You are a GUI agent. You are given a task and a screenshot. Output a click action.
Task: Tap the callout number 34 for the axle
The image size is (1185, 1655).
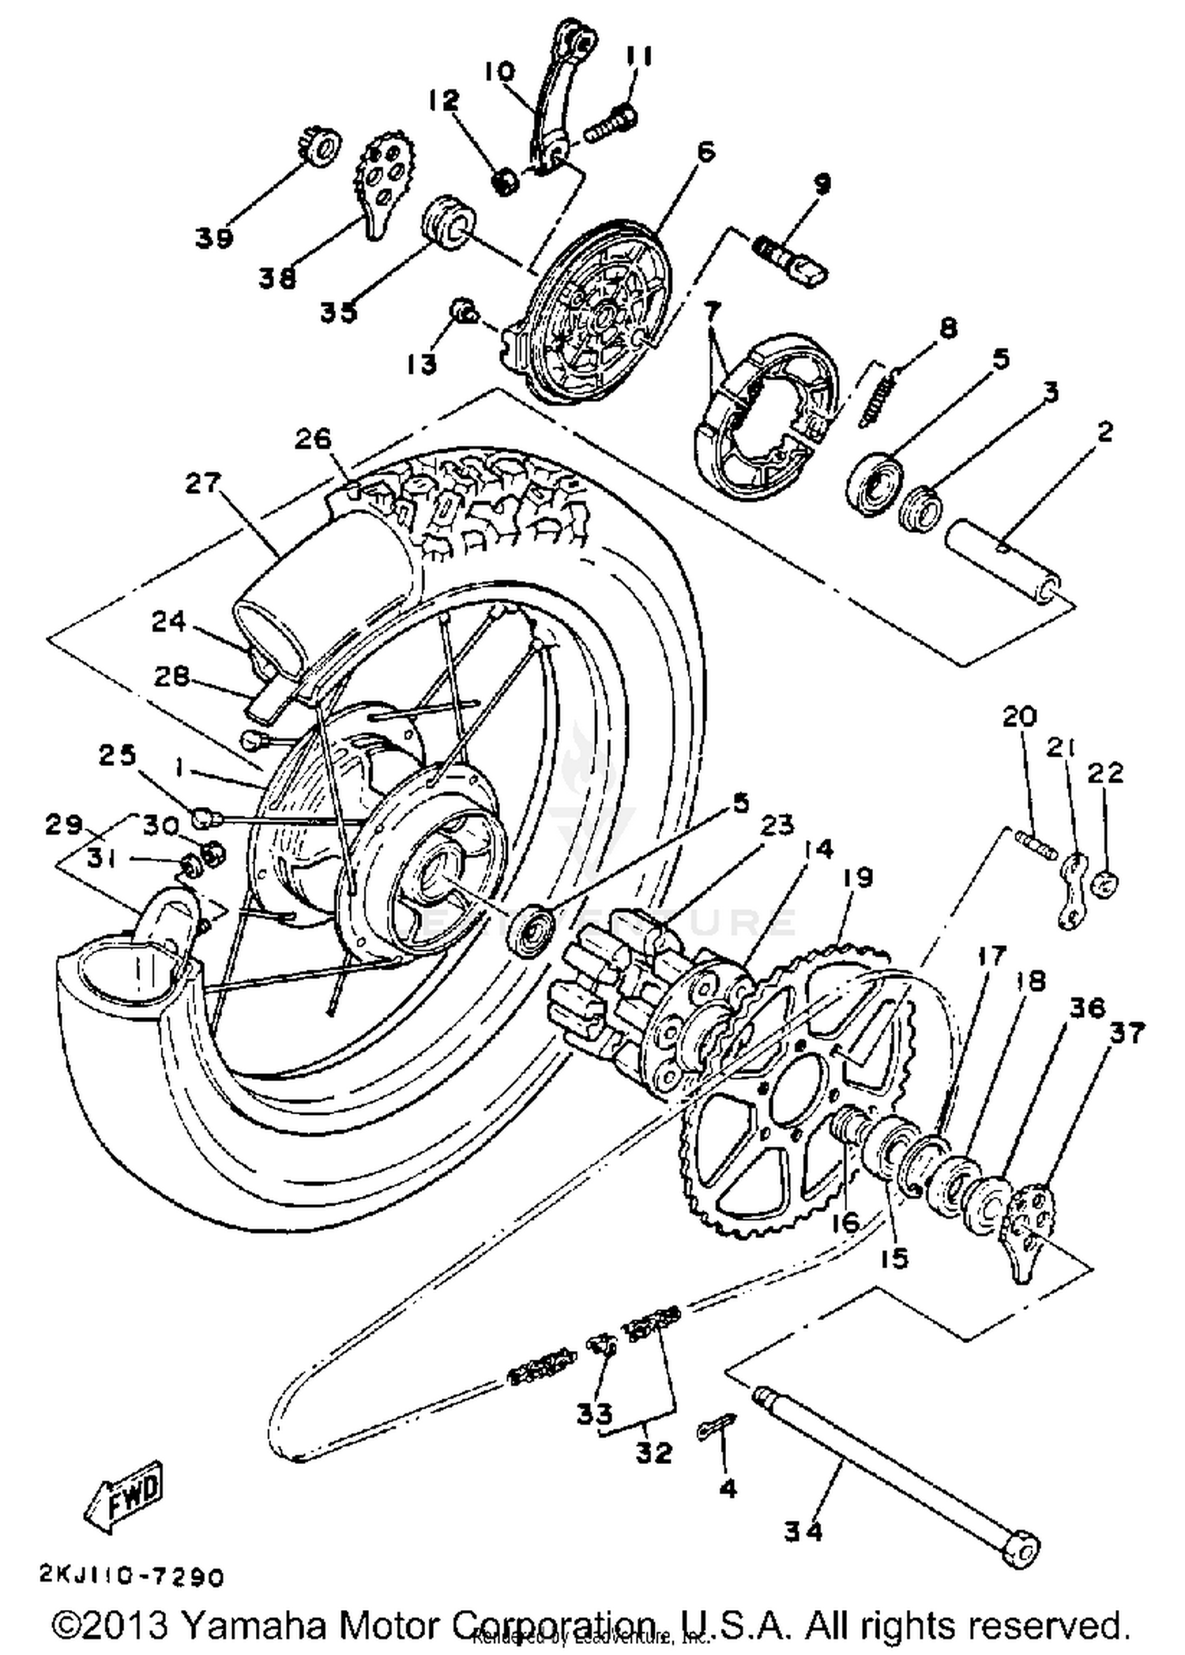tap(803, 1531)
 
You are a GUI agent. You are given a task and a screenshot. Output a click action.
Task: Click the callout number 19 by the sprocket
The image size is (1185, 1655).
tap(858, 877)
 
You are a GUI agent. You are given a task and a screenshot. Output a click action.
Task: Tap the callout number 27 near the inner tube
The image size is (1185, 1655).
tap(203, 482)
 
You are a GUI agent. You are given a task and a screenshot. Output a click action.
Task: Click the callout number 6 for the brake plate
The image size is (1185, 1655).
tap(704, 151)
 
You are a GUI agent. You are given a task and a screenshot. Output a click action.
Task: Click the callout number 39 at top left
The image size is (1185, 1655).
tap(214, 237)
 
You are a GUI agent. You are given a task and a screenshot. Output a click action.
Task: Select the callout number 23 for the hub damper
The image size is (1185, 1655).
tap(777, 826)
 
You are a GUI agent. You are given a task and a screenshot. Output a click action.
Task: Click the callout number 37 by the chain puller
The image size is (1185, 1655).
tap(1126, 1032)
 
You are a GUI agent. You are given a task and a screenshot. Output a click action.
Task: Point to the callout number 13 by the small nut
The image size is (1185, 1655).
tap(422, 364)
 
